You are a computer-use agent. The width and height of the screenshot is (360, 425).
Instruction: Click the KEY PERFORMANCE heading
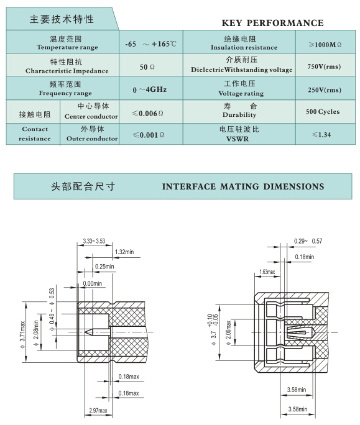[x=272, y=23]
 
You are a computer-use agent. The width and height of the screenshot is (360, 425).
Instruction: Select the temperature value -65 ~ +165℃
[x=150, y=44]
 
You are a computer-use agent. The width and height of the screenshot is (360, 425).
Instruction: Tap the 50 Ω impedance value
[x=147, y=67]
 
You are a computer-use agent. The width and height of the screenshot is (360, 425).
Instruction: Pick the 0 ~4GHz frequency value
[x=149, y=89]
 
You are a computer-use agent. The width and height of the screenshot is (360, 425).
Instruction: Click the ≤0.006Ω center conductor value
[x=147, y=113]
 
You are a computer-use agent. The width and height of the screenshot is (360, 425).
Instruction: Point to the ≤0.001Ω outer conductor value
[x=149, y=135]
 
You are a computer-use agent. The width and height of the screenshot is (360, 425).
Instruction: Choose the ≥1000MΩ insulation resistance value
[x=325, y=45]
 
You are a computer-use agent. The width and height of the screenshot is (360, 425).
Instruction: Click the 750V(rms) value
[x=324, y=66]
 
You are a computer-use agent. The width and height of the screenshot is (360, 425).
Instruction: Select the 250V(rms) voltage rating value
[x=325, y=90]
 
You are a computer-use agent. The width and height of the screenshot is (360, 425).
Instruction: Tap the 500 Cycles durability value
[x=323, y=112]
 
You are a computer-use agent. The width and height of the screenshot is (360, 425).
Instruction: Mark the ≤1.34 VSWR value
[x=321, y=135]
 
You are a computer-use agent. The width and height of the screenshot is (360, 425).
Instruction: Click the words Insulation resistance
[x=244, y=47]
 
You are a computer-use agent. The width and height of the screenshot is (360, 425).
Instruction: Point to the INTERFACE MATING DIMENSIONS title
[x=243, y=186]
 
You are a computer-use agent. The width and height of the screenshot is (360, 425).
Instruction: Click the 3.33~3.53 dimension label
[x=94, y=241]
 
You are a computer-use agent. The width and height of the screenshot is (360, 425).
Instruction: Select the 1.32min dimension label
[x=124, y=252]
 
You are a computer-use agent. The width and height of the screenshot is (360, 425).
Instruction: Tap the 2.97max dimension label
[x=98, y=410]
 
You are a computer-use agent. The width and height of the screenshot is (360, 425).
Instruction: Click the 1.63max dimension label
[x=267, y=272]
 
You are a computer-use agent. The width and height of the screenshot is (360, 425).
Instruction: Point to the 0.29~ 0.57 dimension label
[x=308, y=241]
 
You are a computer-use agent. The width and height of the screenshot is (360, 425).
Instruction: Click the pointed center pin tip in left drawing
[x=85, y=332]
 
